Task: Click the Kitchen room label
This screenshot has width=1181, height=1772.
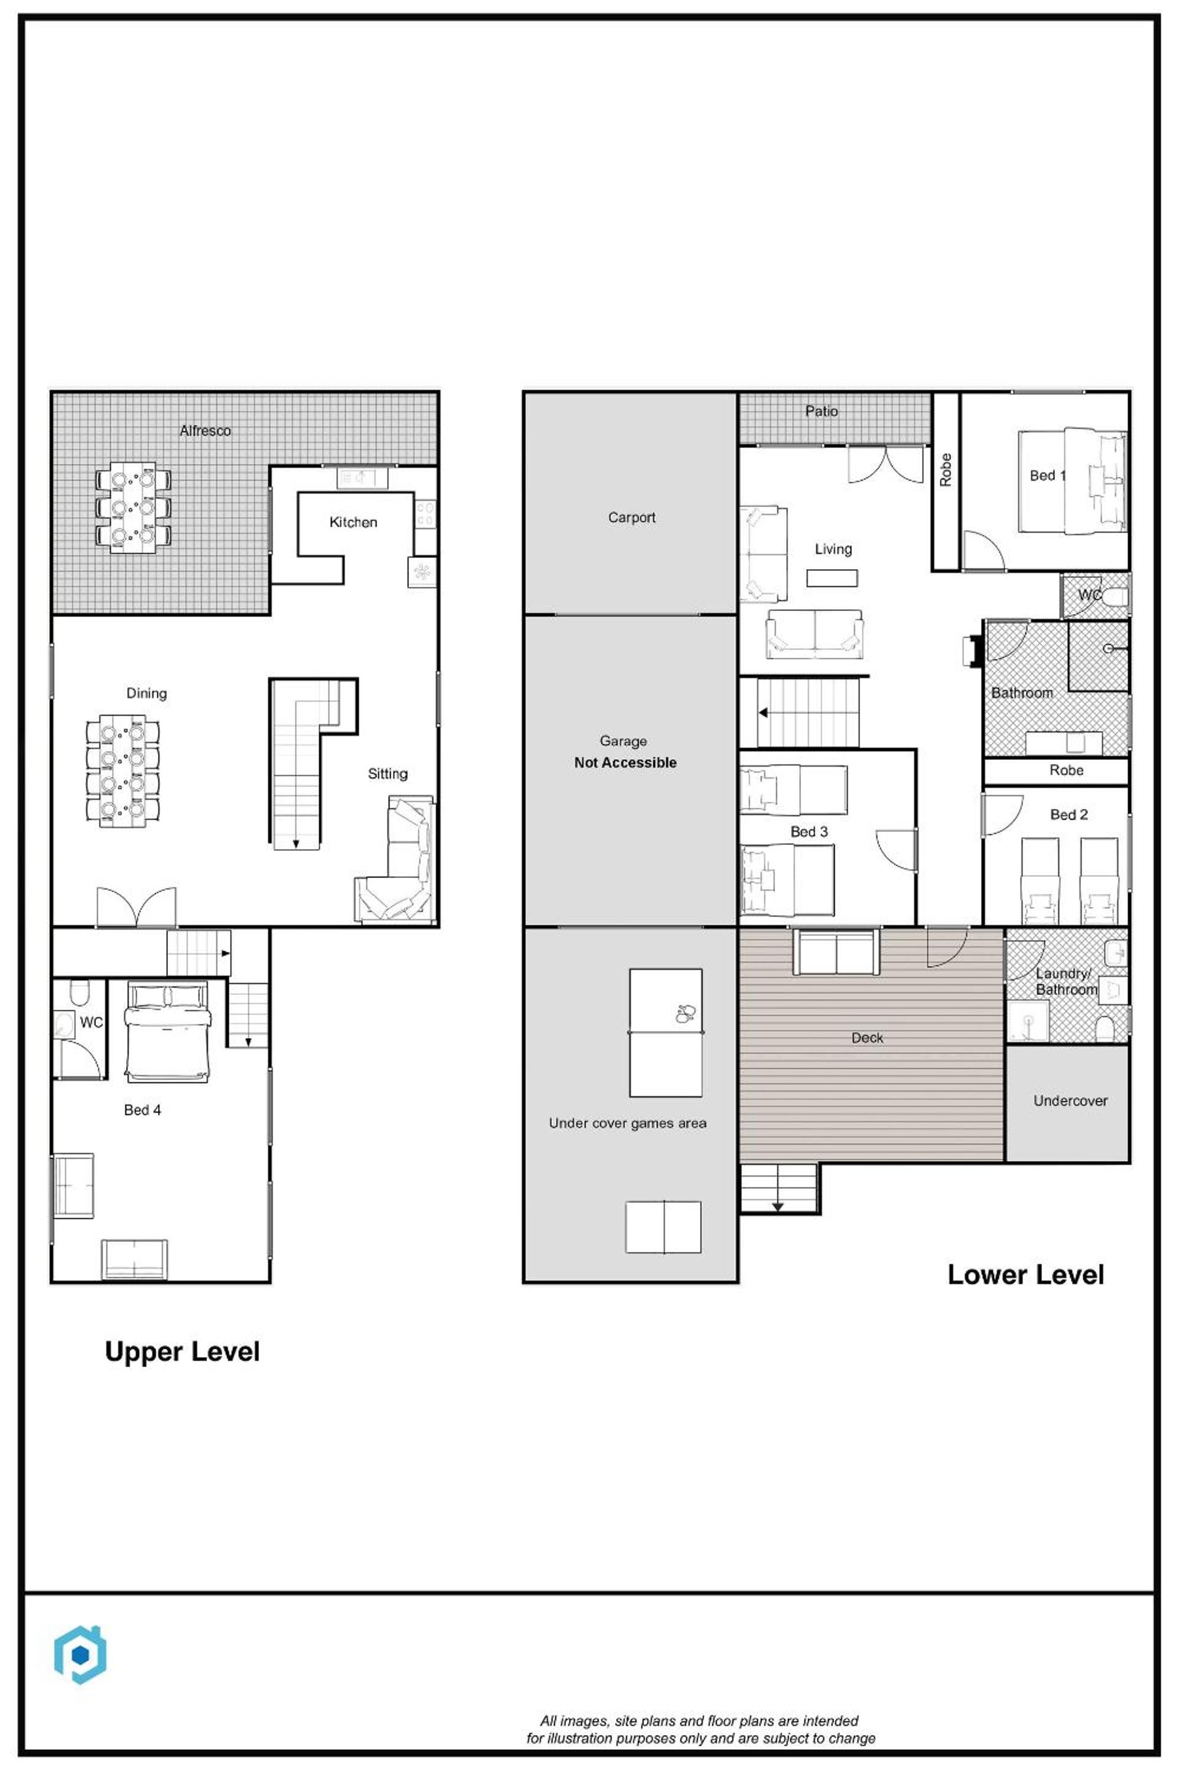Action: tap(353, 522)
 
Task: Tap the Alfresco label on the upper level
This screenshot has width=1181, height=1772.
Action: tap(205, 431)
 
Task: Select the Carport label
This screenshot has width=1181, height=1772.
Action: tap(631, 517)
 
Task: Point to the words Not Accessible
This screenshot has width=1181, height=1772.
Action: tap(625, 762)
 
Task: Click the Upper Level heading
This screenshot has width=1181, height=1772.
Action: tap(182, 1352)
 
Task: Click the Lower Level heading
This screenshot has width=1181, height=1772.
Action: tap(1026, 1275)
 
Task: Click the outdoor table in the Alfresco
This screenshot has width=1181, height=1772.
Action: tap(133, 508)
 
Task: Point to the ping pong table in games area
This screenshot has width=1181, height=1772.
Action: tap(666, 1033)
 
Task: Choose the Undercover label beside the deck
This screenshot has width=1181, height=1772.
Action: tap(1070, 1101)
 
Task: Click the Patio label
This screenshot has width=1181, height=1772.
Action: tap(821, 412)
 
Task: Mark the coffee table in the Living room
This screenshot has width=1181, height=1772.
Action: tap(832, 578)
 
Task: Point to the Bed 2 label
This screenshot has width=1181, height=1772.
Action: tap(1069, 815)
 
